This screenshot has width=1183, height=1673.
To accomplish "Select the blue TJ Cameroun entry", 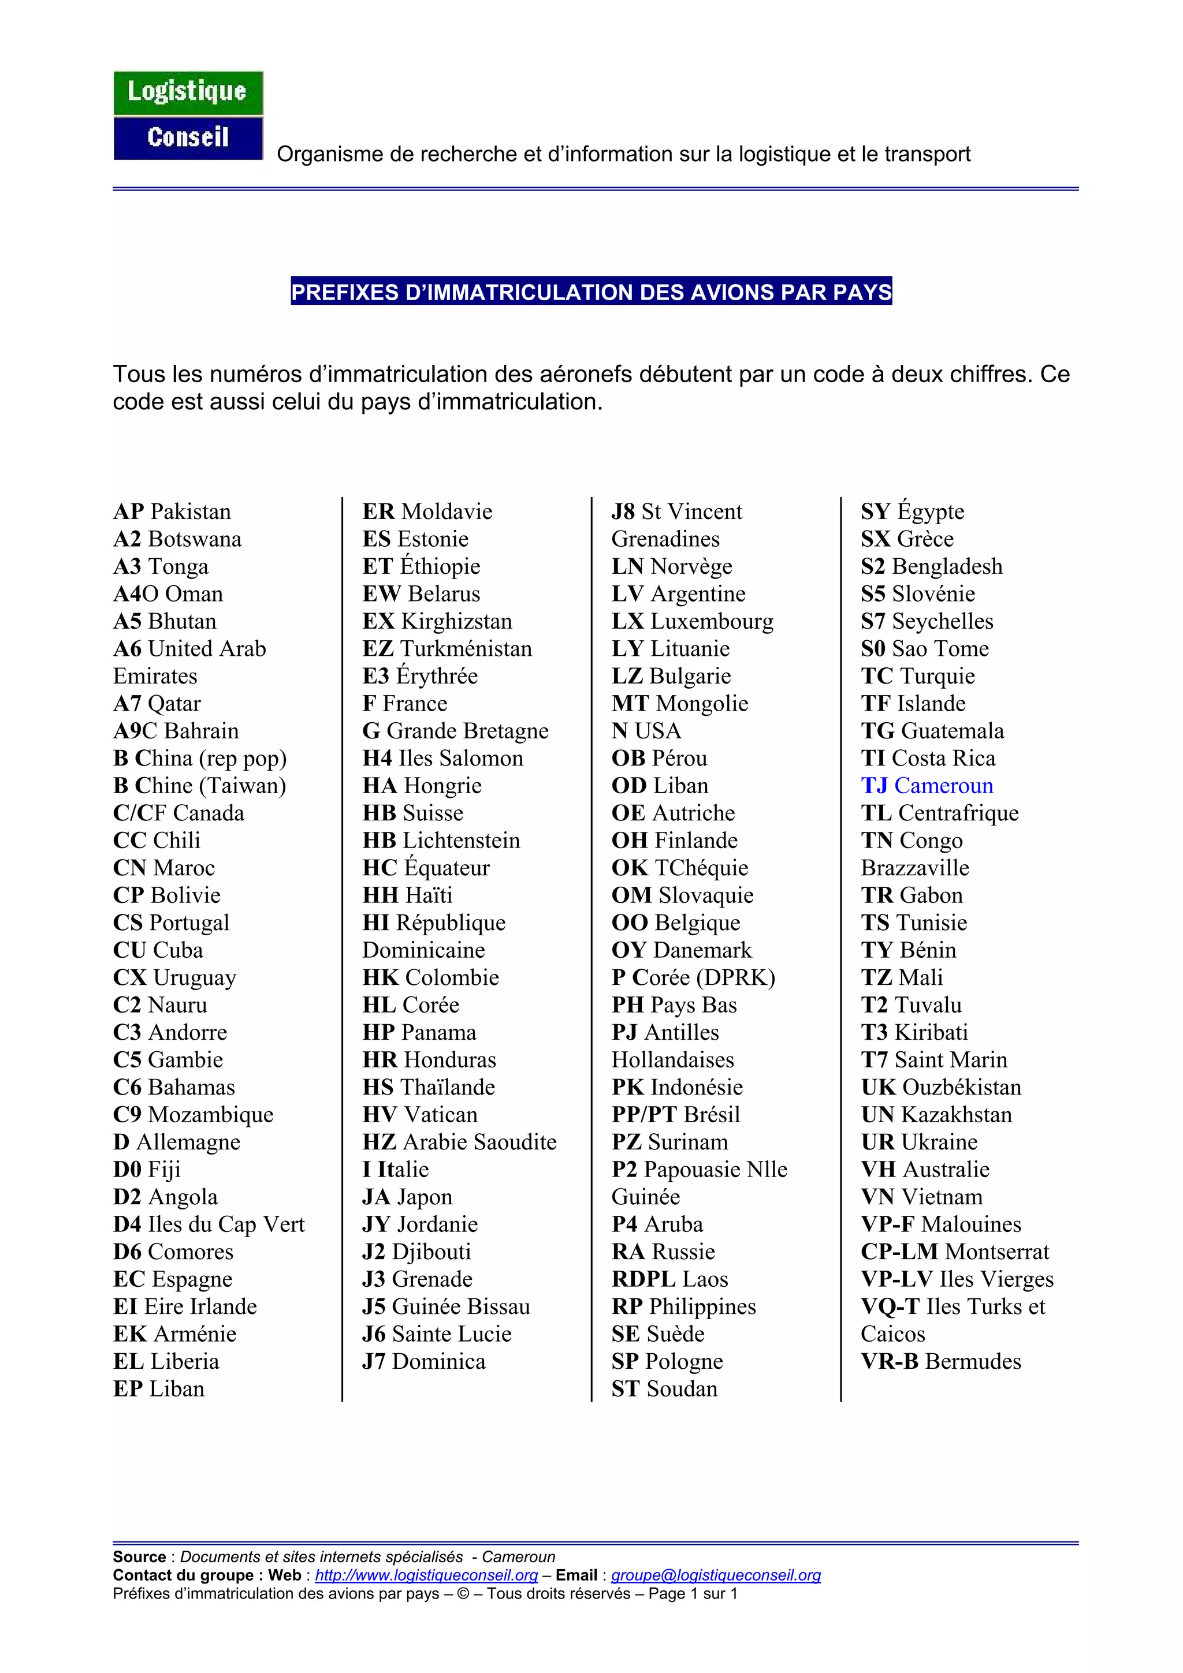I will pyautogui.click(x=927, y=786).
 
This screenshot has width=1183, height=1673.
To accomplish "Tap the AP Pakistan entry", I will pyautogui.click(x=172, y=511).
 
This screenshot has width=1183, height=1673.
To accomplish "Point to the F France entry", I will pyautogui.click(x=404, y=703).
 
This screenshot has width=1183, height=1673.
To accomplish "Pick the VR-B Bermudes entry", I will pyautogui.click(x=940, y=1361).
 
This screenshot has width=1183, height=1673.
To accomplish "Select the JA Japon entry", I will pyautogui.click(x=407, y=1197).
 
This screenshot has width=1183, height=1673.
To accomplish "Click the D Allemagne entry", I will pyautogui.click(x=176, y=1142).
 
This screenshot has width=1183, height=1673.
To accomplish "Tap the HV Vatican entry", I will pyautogui.click(x=420, y=1114).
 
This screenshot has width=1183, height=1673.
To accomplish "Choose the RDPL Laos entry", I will pyautogui.click(x=669, y=1279).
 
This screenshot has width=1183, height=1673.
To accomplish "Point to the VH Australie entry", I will pyautogui.click(x=925, y=1170).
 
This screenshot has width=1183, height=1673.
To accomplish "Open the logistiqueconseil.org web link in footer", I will pyautogui.click(x=426, y=1575).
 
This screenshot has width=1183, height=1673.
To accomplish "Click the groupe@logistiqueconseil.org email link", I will pyautogui.click(x=715, y=1575).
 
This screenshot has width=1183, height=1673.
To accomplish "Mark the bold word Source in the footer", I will pyautogui.click(x=139, y=1557).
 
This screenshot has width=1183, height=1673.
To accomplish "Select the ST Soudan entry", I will pyautogui.click(x=664, y=1389).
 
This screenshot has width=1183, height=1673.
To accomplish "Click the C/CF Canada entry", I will pyautogui.click(x=178, y=813).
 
